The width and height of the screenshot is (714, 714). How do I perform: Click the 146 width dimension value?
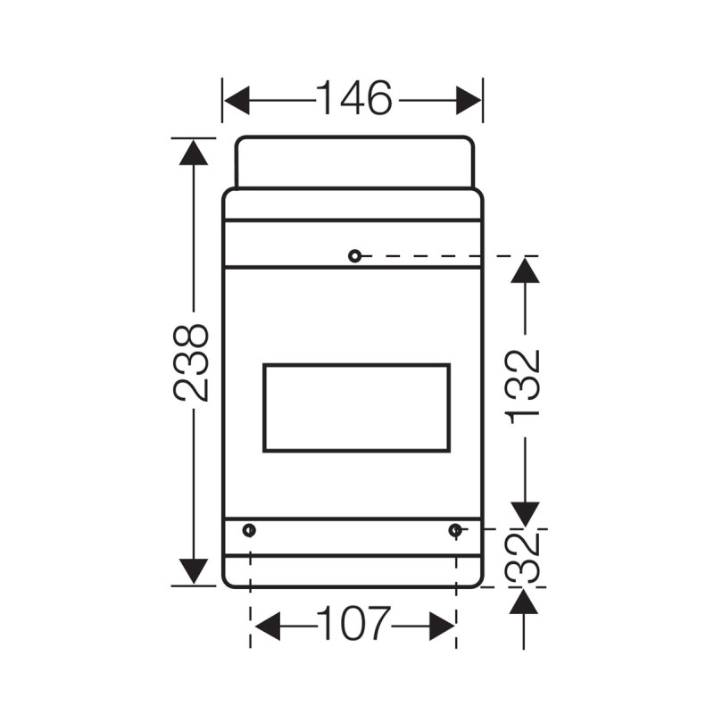click(x=354, y=99)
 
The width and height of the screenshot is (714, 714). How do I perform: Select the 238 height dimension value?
click(x=193, y=361)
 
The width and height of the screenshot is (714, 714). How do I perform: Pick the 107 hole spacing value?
click(x=354, y=626)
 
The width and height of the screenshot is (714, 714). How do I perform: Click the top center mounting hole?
click(x=354, y=256)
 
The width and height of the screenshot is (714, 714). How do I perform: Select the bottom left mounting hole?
click(x=249, y=530)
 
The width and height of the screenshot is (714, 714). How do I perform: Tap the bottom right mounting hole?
click(x=456, y=530)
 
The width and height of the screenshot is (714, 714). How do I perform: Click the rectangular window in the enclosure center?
click(x=356, y=407)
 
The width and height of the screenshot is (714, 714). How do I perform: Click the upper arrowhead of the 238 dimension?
click(x=193, y=153)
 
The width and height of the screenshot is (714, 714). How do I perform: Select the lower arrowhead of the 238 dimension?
click(x=193, y=571)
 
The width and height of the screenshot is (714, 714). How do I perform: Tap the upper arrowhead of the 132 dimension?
click(x=524, y=270)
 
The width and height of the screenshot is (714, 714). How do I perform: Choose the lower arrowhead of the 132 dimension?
click(x=524, y=514)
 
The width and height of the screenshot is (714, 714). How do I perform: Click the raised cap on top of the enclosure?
click(x=354, y=162)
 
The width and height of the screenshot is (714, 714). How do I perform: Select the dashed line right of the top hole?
click(x=446, y=256)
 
